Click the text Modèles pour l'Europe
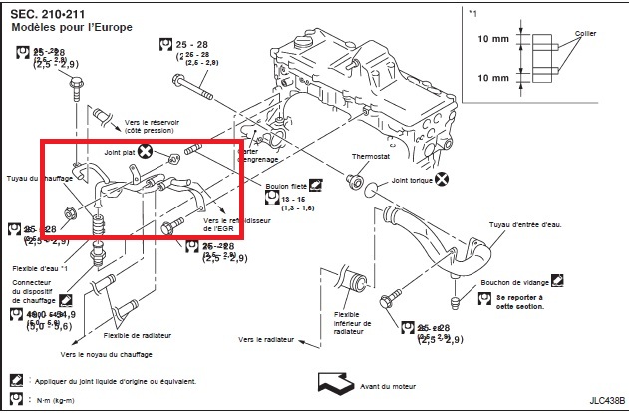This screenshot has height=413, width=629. coord(73,28)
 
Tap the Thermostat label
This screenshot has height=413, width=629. coord(371,157)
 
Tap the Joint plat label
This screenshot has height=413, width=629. coord(120,153)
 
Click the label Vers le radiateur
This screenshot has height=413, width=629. coord(266,339)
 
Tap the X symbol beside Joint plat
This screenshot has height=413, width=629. coord(146,153)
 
